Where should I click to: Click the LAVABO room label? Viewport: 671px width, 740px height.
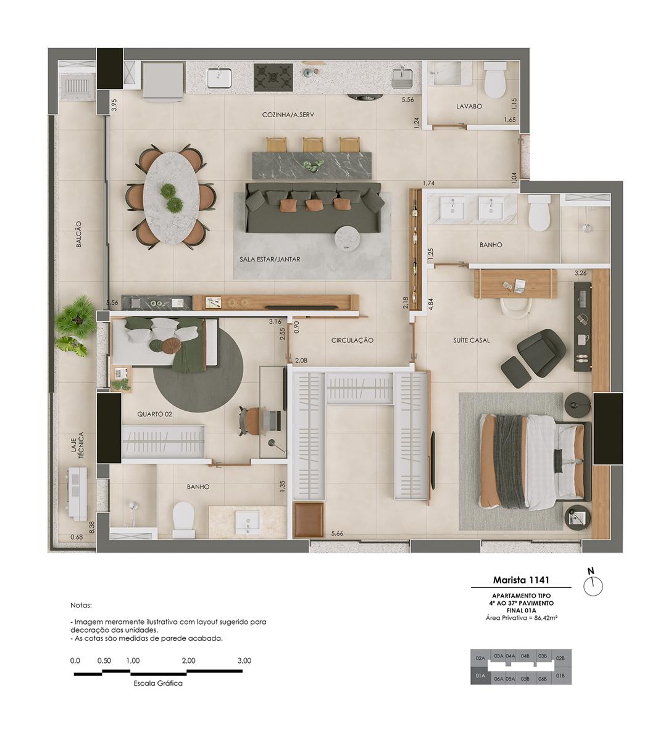click(x=469, y=106)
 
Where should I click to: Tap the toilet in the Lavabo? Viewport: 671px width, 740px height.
click(x=495, y=80)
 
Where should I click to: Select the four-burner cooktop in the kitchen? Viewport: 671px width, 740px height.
click(x=273, y=78)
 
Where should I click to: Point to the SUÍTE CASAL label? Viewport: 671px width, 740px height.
click(x=472, y=340)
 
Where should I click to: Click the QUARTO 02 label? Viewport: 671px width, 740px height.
click(x=155, y=414)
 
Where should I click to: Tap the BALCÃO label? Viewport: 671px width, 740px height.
click(x=78, y=234)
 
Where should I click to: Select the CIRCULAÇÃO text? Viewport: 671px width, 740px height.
click(x=352, y=340)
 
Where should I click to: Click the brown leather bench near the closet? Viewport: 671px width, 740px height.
click(x=309, y=519)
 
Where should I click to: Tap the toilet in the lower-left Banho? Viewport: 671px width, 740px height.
click(x=184, y=519)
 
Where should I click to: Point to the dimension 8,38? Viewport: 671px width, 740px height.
click(x=92, y=527)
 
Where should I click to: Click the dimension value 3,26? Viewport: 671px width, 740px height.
click(x=580, y=273)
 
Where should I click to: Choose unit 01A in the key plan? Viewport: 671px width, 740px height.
click(x=480, y=676)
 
